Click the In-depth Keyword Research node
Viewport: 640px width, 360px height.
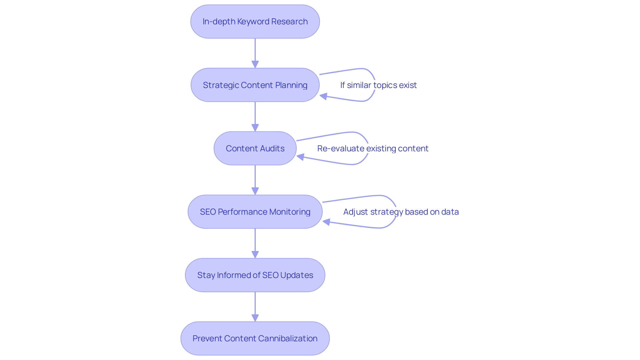(255, 22)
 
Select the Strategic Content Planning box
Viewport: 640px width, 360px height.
(255, 85)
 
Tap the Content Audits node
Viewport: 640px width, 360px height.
(255, 148)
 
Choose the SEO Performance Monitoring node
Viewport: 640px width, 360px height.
(255, 212)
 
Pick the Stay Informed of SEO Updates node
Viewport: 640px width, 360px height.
(255, 275)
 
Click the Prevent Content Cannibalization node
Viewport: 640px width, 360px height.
(255, 338)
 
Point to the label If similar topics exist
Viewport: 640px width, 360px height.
(378, 85)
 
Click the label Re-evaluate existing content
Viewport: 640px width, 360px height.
(373, 148)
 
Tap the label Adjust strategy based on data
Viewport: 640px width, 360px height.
(401, 212)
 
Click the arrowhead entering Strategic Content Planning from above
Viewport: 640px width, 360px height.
(255, 64)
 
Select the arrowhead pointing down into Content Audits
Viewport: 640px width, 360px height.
(255, 128)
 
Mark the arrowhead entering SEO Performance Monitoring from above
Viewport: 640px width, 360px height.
(255, 191)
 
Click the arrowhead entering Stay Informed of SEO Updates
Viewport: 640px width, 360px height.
(255, 254)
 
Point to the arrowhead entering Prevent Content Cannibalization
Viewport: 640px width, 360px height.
(255, 318)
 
